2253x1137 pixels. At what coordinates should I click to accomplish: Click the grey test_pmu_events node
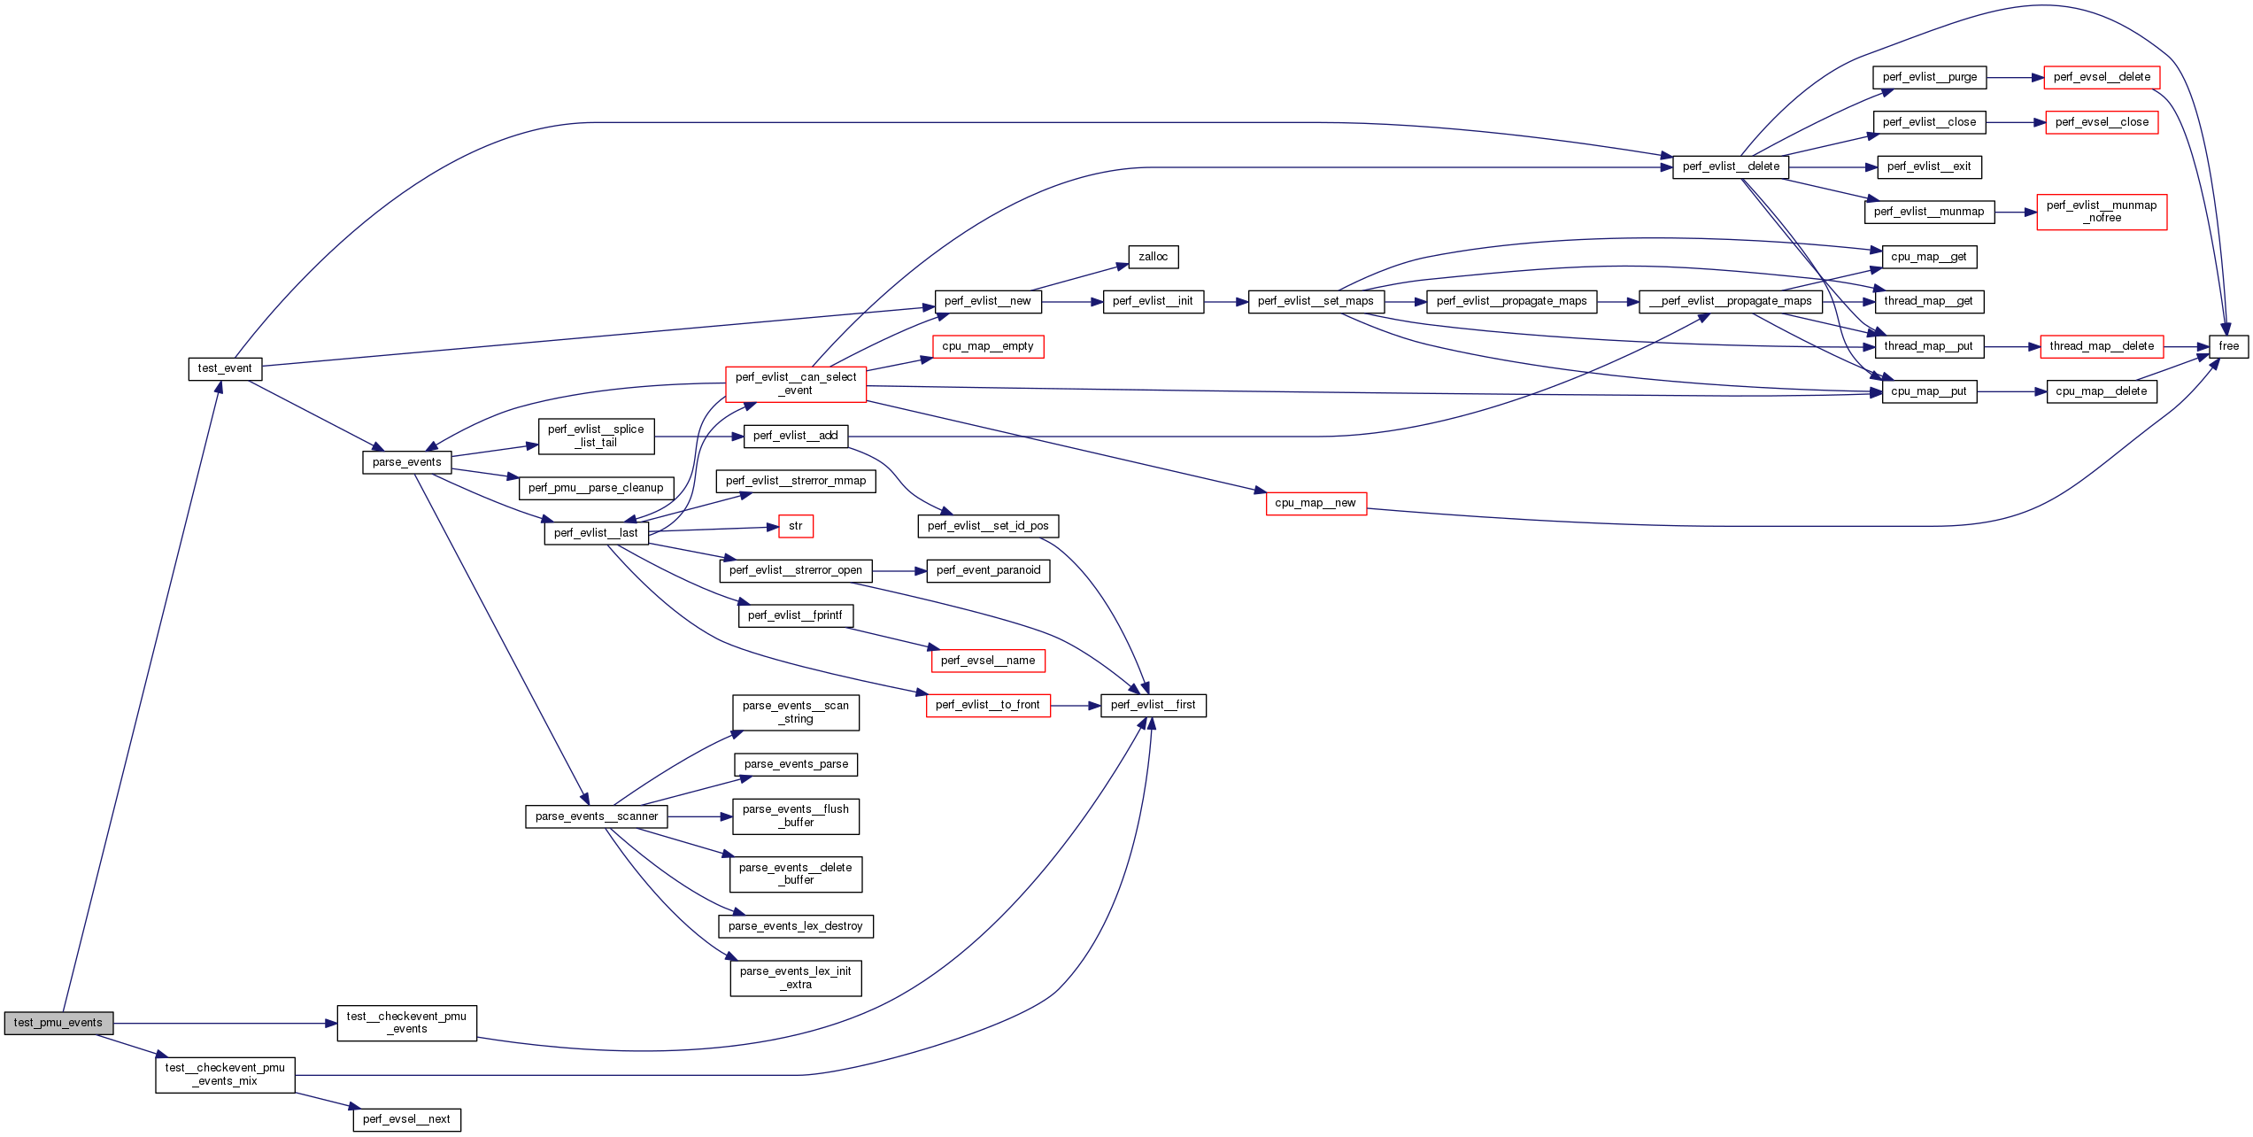click(58, 1023)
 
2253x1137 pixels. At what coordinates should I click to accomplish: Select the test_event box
click(225, 368)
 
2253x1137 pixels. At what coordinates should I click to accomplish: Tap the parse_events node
click(406, 462)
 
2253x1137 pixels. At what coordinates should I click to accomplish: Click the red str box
click(795, 526)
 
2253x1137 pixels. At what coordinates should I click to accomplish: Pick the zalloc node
click(1153, 257)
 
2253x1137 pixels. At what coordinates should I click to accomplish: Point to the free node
click(2228, 346)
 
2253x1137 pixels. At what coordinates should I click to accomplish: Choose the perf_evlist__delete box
click(1730, 166)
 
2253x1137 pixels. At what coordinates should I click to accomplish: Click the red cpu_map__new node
click(1316, 503)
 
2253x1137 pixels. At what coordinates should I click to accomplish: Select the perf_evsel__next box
click(406, 1119)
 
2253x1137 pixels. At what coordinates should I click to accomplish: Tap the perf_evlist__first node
click(1153, 705)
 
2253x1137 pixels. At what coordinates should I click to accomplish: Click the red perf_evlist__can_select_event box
click(795, 383)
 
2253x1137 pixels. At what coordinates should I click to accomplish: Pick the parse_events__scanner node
click(596, 816)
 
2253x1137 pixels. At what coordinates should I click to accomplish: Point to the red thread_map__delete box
click(2101, 346)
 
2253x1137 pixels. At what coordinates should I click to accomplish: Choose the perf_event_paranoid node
click(988, 570)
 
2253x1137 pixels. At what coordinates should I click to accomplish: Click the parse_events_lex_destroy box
click(795, 926)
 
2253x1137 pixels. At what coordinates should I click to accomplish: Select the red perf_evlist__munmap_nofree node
click(2101, 212)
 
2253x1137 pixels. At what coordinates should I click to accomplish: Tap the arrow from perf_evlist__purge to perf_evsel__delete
click(2015, 78)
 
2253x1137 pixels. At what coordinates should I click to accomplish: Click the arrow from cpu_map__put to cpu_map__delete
click(2011, 391)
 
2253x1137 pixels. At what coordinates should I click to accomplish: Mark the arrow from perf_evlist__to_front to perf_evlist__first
click(1075, 706)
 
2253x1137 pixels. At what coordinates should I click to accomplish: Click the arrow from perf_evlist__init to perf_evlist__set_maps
click(1225, 302)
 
